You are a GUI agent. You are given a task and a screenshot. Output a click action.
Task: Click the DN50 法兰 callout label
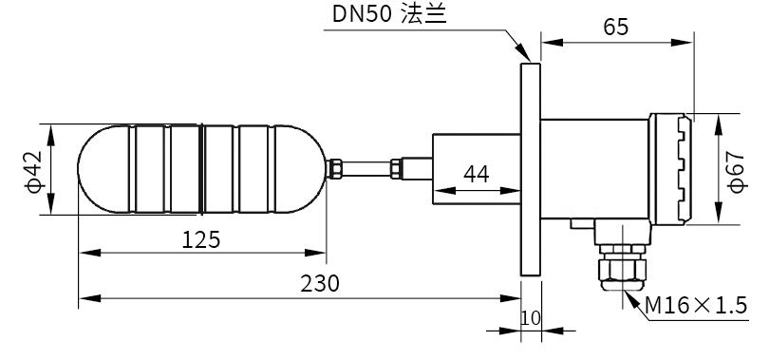coord(389,13)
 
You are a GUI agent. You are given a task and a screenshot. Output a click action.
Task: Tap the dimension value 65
coord(615,27)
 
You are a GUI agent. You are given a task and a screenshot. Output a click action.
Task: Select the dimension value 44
coord(477,174)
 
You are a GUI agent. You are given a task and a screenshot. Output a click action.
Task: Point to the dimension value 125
coord(201,239)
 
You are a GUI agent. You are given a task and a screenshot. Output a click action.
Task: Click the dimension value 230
coord(320,283)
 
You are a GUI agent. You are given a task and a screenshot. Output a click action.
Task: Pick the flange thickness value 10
coord(530,318)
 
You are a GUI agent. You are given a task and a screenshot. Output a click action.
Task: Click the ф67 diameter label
coord(736,171)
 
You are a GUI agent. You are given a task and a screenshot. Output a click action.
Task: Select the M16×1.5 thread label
coord(696,305)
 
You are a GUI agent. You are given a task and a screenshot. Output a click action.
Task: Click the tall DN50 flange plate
coord(531,169)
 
